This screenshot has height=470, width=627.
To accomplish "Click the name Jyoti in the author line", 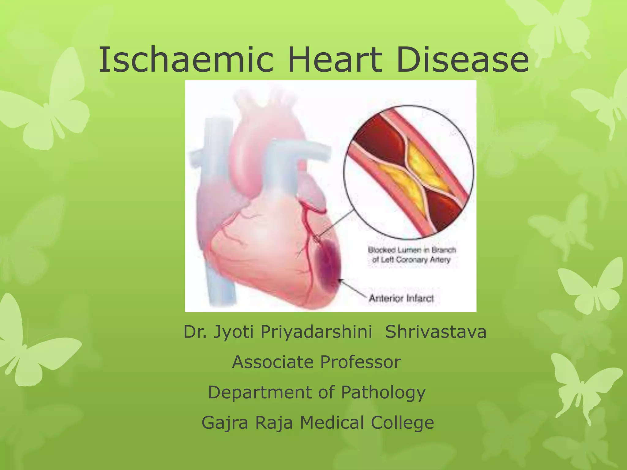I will pos(233,332).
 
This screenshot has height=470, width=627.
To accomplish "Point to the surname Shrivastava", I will pos(436,332).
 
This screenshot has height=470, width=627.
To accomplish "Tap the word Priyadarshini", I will pos(316,332).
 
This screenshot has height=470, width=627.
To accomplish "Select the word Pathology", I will pos(383,392).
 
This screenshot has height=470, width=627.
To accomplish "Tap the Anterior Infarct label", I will pos(401,298).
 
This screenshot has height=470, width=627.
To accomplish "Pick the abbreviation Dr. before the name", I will pos(195,332).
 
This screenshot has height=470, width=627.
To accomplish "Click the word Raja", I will pos(274,423).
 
